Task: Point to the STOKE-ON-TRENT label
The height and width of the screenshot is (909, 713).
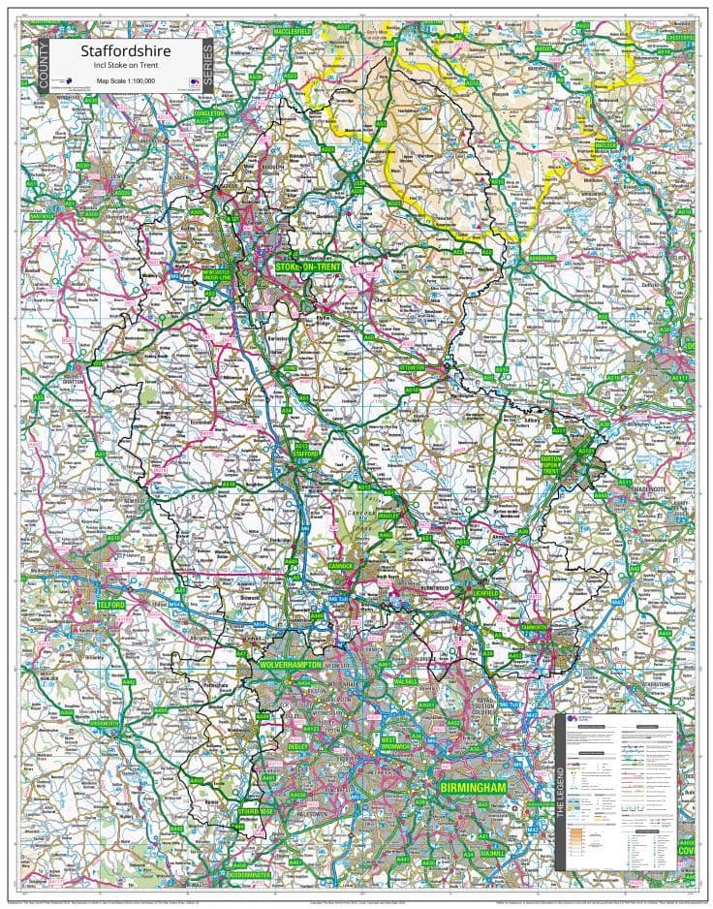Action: coord(308,266)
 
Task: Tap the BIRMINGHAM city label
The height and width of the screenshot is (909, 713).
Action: coord(473,789)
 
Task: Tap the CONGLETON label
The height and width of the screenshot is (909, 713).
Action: coord(208,113)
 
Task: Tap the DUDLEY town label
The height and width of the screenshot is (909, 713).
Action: coord(296,747)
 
